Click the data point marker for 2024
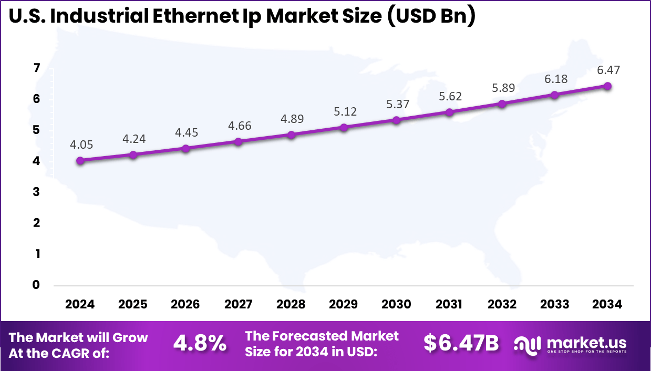(x=80, y=161)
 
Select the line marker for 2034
(x=607, y=86)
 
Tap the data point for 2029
(x=344, y=127)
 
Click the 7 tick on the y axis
(x=37, y=68)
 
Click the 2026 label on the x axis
(x=185, y=305)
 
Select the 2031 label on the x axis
(x=449, y=305)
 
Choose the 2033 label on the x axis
(x=555, y=305)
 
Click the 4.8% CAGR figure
(x=200, y=344)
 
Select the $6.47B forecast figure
(x=461, y=344)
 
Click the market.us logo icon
(x=528, y=344)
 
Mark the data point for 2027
(x=238, y=141)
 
